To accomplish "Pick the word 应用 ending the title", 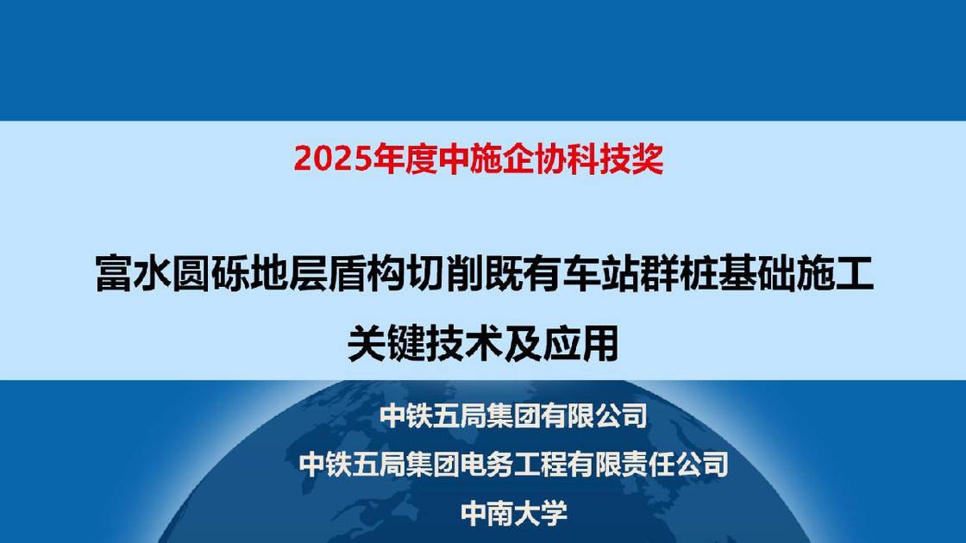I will pyautogui.click(x=581, y=343).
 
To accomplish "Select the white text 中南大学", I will pyautogui.click(x=514, y=515).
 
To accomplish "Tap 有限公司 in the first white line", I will pyautogui.click(x=594, y=417).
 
